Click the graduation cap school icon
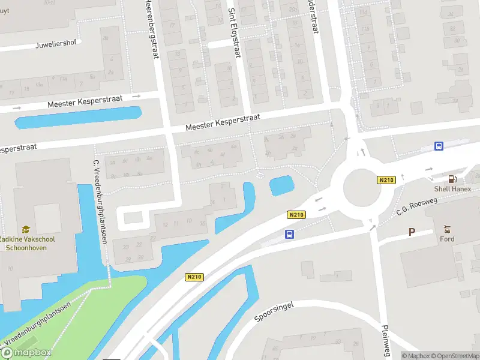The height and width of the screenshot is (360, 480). [26, 229]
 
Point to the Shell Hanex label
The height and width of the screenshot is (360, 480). [453, 189]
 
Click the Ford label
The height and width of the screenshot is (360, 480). [446, 239]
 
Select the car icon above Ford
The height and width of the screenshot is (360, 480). [446, 229]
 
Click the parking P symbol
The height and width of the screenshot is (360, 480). [412, 232]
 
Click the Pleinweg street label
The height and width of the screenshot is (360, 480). [386, 340]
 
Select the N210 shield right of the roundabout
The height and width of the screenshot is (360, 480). [386, 180]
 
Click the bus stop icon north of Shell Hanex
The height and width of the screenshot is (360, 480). [439, 146]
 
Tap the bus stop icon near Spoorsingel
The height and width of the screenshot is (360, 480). [290, 234]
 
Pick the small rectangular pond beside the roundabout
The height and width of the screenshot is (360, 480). [281, 185]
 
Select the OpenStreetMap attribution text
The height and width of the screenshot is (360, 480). [454, 356]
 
